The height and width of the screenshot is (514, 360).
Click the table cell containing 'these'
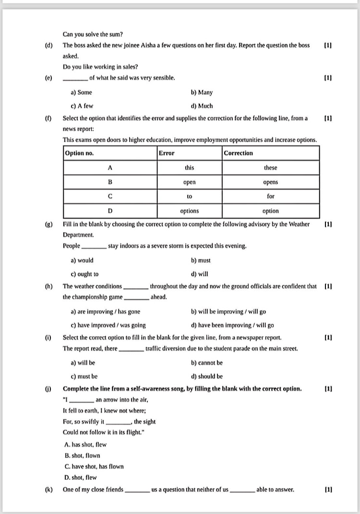pos(270,168)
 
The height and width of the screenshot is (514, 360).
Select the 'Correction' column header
pos(239,153)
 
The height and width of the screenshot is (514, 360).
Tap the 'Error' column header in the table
pos(167,153)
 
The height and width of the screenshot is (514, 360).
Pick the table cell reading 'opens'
pos(270,182)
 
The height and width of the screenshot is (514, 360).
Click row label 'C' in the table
pos(110,196)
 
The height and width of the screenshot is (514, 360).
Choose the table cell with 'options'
pos(189,211)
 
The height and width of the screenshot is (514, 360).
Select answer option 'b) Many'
pos(202,92)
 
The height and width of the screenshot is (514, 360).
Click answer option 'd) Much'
pos(202,106)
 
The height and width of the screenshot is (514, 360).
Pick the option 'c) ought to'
pos(84,274)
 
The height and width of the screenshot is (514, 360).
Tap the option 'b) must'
pos(201,260)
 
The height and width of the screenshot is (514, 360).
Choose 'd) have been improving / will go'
pos(232,325)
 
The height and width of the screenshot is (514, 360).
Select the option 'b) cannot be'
pos(206,363)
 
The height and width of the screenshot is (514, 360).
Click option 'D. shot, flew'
pos(81,477)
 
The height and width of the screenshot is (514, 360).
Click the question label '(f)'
pos(48,118)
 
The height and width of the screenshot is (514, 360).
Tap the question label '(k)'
pos(48,490)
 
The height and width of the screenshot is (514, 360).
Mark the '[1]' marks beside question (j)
pos(328,389)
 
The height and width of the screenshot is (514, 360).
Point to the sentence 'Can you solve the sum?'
pos(93,34)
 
